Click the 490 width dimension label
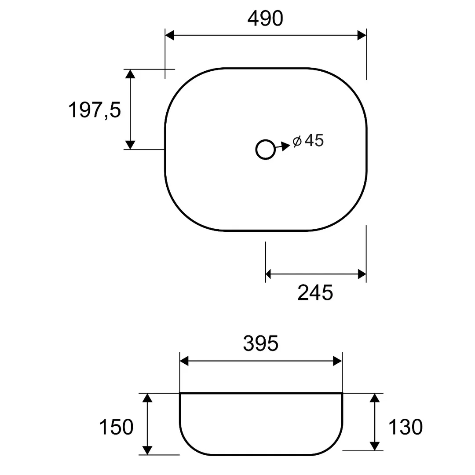point(265,18)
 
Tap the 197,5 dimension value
point(95,110)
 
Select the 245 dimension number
point(315,292)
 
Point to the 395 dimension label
point(260,343)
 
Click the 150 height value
point(116,427)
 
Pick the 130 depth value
point(406,427)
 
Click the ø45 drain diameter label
point(308,140)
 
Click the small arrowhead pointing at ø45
point(286,146)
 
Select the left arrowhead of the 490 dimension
point(169,35)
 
